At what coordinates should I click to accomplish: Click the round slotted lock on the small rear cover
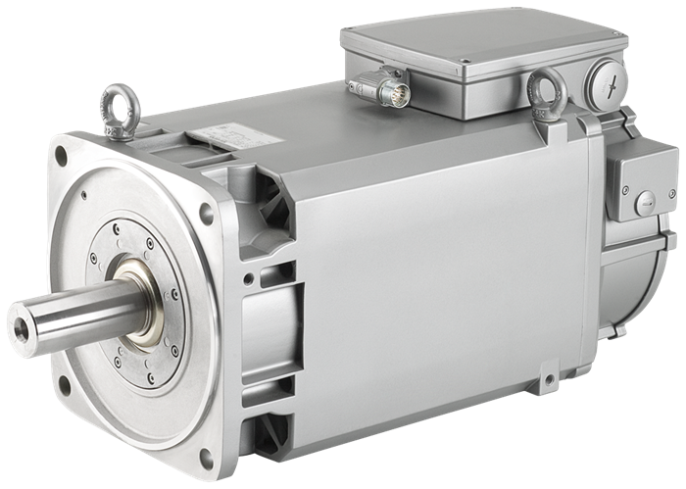pyautogui.click(x=644, y=205)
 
